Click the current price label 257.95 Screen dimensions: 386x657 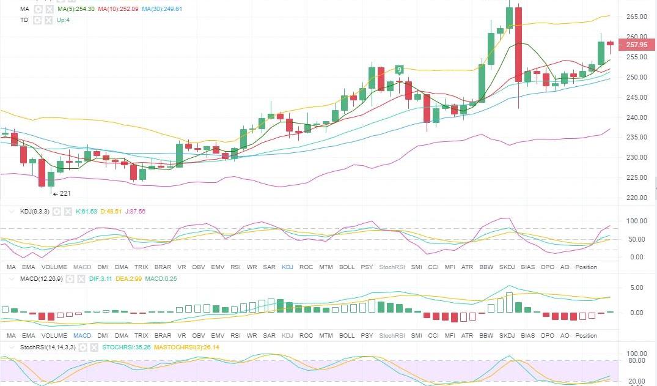637,45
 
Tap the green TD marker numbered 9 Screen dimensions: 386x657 399,70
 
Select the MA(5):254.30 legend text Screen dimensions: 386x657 76,10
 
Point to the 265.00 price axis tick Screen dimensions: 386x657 637,17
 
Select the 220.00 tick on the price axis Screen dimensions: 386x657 637,198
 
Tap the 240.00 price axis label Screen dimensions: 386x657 637,117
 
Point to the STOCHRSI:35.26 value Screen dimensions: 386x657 127,347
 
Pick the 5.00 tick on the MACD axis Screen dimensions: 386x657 636,288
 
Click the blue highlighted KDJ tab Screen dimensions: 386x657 287,267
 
